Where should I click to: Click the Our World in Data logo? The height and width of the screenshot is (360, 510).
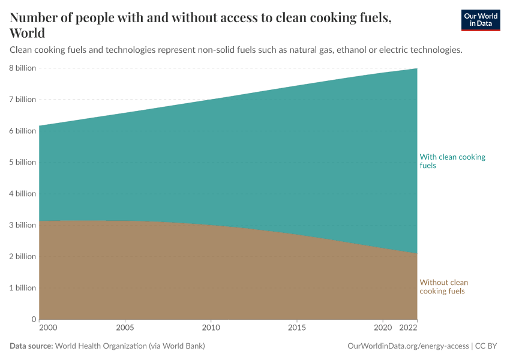[480, 20]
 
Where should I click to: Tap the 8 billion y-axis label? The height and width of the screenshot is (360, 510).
[22, 68]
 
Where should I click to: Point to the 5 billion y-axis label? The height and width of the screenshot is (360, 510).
[22, 163]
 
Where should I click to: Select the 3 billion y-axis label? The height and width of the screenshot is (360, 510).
[22, 225]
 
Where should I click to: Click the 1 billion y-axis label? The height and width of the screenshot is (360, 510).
[22, 288]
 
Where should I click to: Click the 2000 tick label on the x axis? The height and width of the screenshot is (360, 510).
[47, 328]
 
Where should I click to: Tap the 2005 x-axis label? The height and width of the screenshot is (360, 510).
[125, 328]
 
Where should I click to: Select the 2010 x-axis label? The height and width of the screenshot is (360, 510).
[211, 328]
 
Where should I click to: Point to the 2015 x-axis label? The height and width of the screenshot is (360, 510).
[297, 328]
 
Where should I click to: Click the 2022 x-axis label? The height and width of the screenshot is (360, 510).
[408, 328]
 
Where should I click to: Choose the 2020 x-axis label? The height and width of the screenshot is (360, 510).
[383, 328]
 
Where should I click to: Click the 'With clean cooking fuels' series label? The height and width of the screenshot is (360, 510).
[452, 161]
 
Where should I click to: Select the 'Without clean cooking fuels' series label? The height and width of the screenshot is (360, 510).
[443, 287]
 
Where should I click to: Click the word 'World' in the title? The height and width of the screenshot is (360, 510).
[28, 33]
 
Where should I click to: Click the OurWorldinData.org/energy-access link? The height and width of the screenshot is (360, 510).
[409, 346]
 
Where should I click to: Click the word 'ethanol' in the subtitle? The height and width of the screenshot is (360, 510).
[352, 50]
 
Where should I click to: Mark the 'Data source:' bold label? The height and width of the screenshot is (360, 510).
[31, 346]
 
